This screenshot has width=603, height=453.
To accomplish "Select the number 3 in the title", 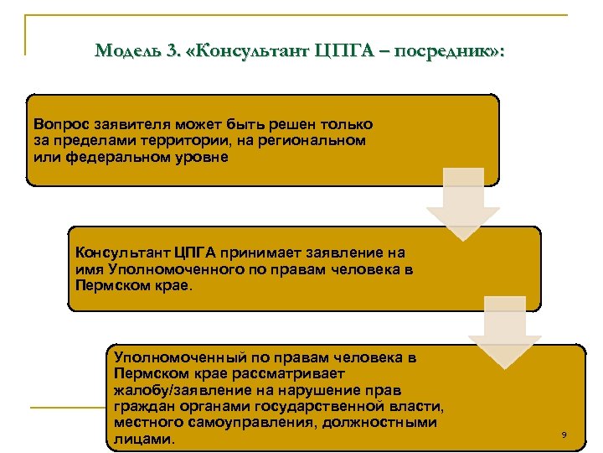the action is (173, 50).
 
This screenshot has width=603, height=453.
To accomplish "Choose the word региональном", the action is (317, 140).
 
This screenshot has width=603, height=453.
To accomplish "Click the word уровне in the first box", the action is (198, 157).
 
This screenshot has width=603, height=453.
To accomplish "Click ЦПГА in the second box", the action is (195, 253).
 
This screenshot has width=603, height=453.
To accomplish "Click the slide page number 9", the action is (564, 435).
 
